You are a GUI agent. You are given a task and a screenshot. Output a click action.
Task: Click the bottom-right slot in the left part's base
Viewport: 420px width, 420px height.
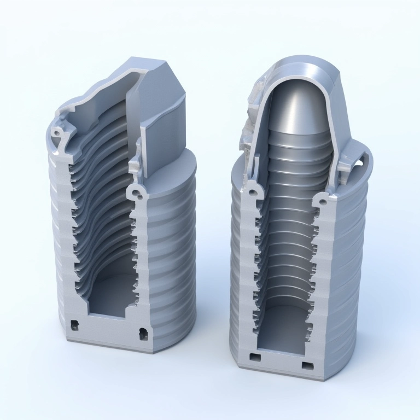point(143,332)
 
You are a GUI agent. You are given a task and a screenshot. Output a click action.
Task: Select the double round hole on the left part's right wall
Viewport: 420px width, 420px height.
point(137,192)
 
